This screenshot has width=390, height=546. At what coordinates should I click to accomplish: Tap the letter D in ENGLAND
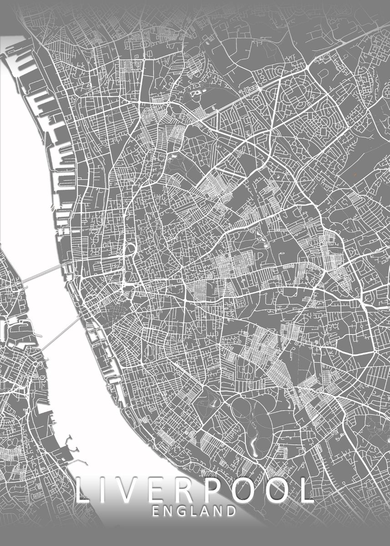[x=231, y=511]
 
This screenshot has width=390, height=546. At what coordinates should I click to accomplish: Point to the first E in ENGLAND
[x=156, y=511]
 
